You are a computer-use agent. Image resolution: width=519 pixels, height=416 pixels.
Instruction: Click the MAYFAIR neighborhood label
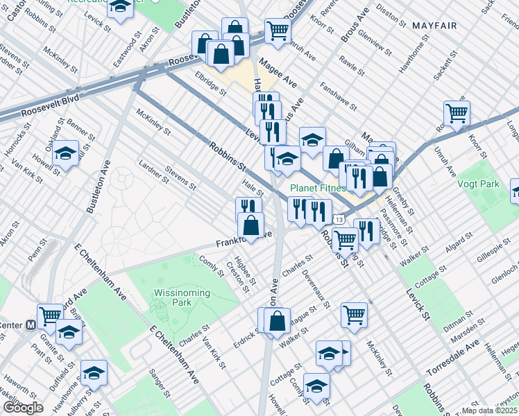point(434,26)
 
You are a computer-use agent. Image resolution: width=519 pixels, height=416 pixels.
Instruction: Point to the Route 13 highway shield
point(338,220)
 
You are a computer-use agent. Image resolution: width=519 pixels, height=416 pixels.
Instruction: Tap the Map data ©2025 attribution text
point(490,410)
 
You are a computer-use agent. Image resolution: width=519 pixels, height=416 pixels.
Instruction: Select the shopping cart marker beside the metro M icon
point(50,315)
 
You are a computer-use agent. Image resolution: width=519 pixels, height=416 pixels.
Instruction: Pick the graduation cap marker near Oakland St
point(66,153)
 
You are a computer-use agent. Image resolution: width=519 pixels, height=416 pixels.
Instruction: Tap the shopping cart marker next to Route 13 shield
point(345,240)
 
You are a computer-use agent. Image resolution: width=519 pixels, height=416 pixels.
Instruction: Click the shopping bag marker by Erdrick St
point(277,320)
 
